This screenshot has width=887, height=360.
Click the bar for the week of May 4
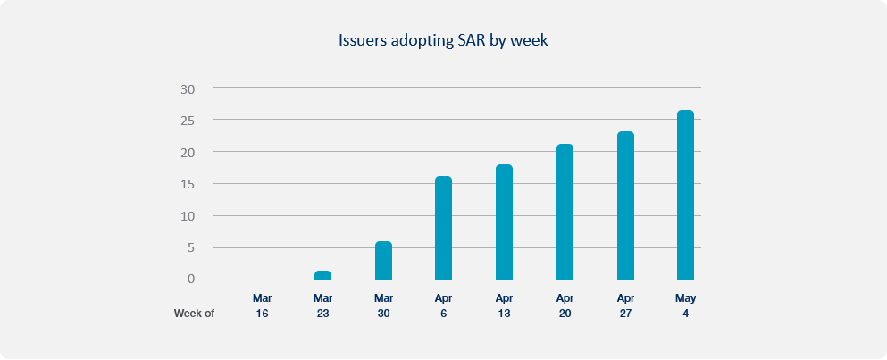click(x=685, y=195)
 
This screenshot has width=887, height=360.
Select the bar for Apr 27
click(x=625, y=205)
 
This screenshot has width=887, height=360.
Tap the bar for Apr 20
click(x=565, y=212)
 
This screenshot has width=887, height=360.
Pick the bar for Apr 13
click(x=504, y=222)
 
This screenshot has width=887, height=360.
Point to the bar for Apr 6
click(x=443, y=228)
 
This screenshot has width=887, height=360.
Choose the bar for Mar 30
click(x=383, y=260)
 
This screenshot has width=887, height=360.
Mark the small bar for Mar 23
click(x=322, y=275)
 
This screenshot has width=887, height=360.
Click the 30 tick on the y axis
click(x=188, y=88)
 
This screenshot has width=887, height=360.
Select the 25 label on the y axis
click(x=188, y=121)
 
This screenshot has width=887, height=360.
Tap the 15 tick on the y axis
click(x=188, y=185)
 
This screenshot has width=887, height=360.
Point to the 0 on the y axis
click(x=191, y=279)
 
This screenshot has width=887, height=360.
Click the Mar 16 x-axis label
click(x=262, y=306)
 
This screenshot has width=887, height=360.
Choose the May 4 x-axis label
click(x=686, y=306)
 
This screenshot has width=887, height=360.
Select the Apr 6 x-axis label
click(x=443, y=306)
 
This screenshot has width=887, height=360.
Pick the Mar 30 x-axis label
click(x=383, y=306)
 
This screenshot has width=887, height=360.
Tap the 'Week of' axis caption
click(x=194, y=313)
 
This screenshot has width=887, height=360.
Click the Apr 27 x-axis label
click(x=625, y=306)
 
